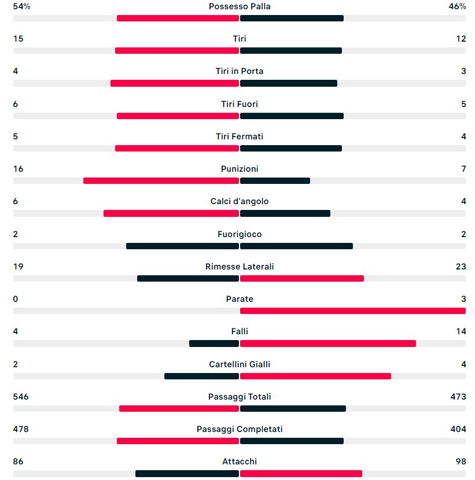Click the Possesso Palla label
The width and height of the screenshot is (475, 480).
[240, 6]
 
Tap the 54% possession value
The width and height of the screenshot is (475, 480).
[21, 6]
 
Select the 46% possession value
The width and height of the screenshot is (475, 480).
[457, 6]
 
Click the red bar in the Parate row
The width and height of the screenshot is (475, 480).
[352, 311]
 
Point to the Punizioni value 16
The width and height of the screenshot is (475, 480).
[18, 169]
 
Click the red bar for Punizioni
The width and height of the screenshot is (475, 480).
[161, 181]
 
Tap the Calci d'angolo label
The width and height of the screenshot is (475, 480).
[240, 201]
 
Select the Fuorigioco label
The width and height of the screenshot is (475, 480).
[240, 234]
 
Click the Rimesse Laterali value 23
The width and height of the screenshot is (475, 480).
[461, 267]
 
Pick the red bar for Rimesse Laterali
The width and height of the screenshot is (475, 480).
[301, 279]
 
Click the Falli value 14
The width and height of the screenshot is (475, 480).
[461, 331]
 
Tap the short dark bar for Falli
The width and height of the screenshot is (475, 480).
[214, 344]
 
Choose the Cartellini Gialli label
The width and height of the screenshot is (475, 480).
[240, 364]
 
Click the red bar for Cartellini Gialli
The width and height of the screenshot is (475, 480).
[315, 376]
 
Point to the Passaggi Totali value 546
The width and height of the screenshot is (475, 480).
[21, 397]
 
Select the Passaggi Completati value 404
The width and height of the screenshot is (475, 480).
[458, 429]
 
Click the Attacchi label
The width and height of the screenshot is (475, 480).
[240, 461]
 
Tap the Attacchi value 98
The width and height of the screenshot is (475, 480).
[461, 461]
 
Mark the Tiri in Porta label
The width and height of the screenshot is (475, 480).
[240, 71]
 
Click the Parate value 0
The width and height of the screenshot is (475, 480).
[16, 299]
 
